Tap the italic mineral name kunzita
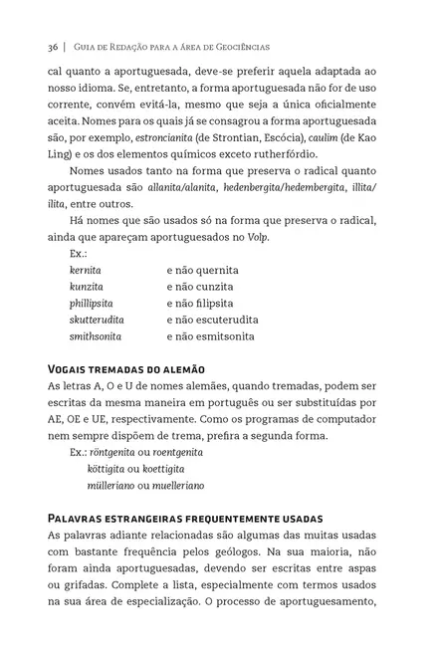click(x=88, y=287)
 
